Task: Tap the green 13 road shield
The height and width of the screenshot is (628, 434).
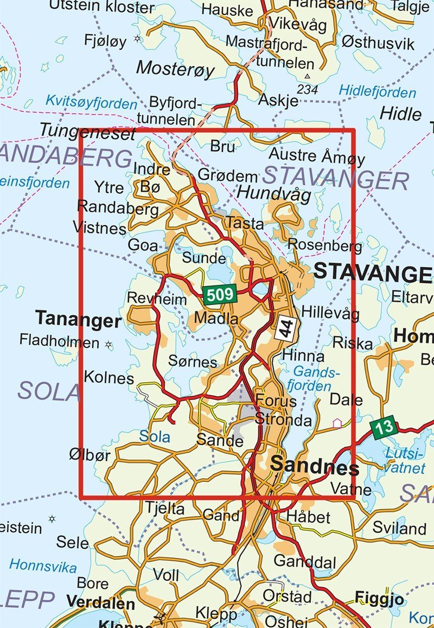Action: pos(385,428)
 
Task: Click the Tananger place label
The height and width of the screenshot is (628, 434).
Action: pos(78,320)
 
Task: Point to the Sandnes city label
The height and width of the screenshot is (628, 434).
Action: pos(314,466)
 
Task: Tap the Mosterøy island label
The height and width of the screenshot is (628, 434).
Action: pos(175,69)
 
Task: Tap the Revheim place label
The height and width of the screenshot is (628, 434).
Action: pos(156,299)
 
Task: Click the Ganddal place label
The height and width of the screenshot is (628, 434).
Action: pos(305,561)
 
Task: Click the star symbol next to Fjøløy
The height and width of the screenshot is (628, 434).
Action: pos(137,39)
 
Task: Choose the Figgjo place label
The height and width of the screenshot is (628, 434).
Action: pos(379,599)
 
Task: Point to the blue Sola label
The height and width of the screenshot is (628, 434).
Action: pos(155,436)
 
